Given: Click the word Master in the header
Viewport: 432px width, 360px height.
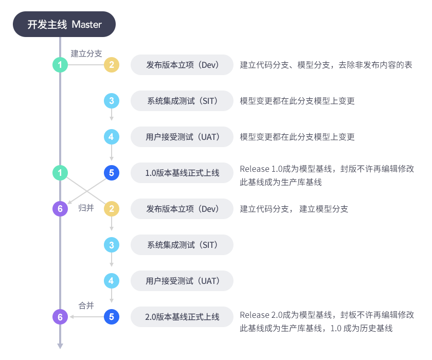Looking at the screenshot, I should (x=87, y=24).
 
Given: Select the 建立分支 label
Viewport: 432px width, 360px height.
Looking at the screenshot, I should (x=86, y=53).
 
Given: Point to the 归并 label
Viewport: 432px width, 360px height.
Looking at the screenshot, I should (x=86, y=208).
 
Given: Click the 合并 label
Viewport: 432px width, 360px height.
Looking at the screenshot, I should (x=86, y=305).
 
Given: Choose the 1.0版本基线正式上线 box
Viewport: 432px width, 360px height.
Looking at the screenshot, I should (x=182, y=173).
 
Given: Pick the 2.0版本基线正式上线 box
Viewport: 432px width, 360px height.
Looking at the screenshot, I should (x=182, y=317).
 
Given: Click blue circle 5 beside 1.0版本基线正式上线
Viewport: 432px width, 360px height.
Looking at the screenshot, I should (x=112, y=173).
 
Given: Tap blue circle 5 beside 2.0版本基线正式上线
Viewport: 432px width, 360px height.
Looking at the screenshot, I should (x=112, y=317).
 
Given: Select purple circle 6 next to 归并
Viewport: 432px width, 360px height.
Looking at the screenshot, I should (x=60, y=209).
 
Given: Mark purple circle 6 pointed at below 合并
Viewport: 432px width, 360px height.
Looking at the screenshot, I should (x=60, y=317).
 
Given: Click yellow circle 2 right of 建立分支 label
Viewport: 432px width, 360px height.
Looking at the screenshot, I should (x=112, y=65).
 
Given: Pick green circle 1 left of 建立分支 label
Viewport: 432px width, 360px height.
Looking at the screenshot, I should (x=60, y=65).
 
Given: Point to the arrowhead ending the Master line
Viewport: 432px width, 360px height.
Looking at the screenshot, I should (x=60, y=346).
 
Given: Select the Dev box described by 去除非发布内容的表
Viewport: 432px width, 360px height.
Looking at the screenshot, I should (x=182, y=65).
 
